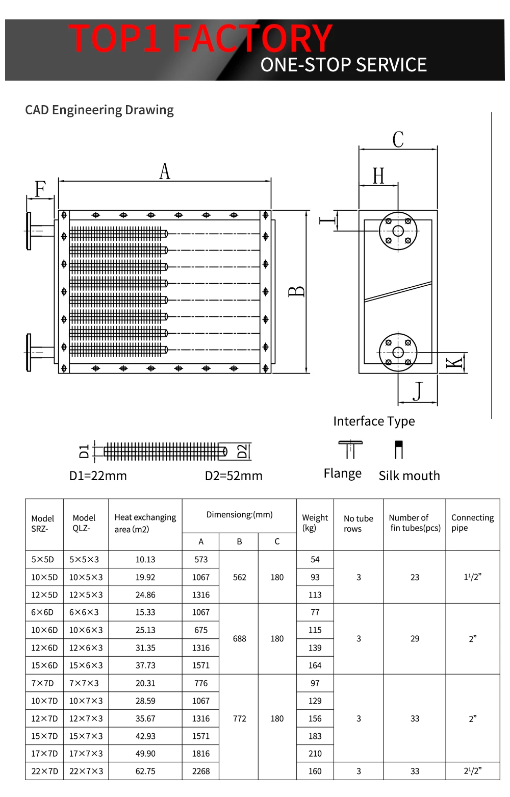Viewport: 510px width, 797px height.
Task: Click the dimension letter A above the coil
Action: (164, 171)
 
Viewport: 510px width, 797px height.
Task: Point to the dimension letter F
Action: (40, 189)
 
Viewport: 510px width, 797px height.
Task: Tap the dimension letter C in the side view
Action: (398, 139)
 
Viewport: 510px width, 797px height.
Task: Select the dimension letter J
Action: (418, 391)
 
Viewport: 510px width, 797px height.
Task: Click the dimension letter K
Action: (454, 363)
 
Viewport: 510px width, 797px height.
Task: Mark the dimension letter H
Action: (378, 176)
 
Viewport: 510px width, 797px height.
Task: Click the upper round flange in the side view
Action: (398, 231)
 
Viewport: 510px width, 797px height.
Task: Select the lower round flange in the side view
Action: (398, 353)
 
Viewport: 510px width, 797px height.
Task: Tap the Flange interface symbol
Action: (350, 450)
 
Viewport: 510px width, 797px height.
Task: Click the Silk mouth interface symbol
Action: (399, 450)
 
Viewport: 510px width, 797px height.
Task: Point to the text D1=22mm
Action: (98, 476)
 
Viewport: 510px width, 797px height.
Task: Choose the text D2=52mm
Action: (234, 476)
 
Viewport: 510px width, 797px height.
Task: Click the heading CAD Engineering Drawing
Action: (99, 110)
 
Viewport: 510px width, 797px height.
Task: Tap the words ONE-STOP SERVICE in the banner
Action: (344, 65)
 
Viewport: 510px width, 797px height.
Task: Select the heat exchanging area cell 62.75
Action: (145, 771)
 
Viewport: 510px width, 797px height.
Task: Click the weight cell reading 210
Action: (315, 753)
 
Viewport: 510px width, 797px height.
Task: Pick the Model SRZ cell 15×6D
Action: (44, 665)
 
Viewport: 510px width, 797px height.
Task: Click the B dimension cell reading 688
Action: (239, 639)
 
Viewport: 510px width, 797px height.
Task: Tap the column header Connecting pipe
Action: (473, 522)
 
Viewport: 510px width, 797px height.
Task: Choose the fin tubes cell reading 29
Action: (415, 639)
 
